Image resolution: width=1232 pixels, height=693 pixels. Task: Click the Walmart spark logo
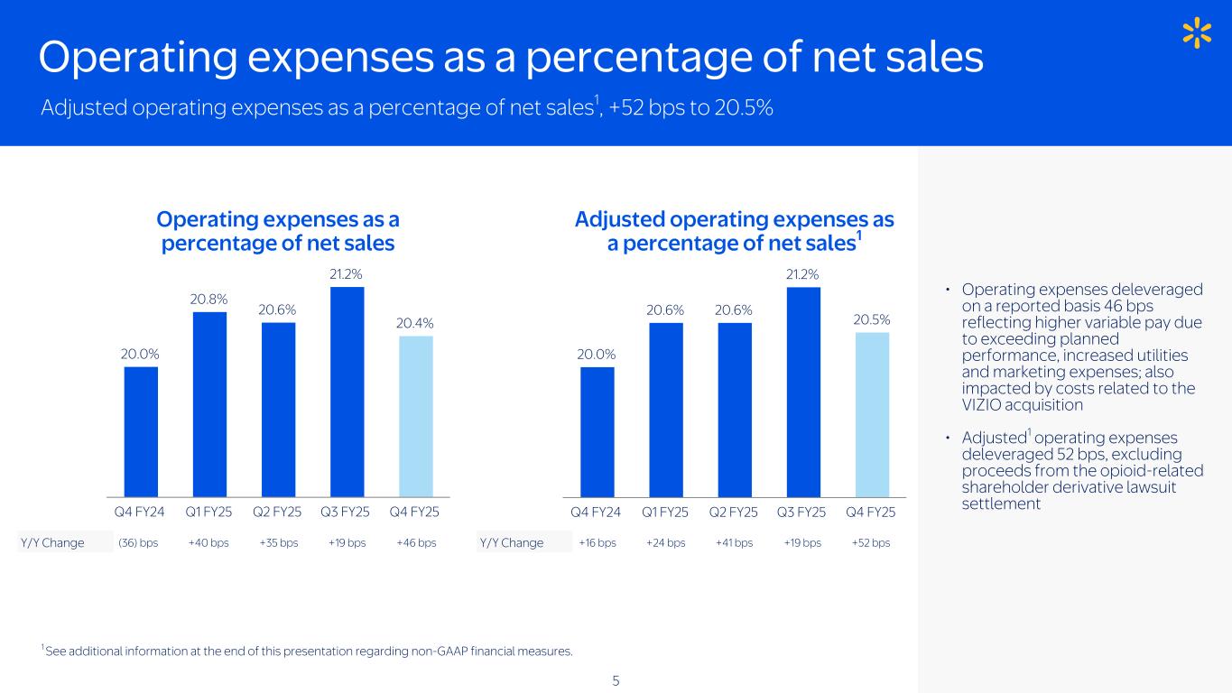click(1196, 34)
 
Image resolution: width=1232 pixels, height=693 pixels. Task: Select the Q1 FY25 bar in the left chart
click(209, 403)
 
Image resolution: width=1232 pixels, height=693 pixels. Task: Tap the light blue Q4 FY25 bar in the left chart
click(415, 416)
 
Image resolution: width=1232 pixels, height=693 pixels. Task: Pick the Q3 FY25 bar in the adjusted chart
click(803, 392)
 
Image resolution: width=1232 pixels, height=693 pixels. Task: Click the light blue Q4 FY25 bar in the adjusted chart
click(872, 414)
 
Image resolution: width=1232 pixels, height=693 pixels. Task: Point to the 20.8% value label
click(209, 298)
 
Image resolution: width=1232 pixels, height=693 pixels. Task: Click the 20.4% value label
click(416, 322)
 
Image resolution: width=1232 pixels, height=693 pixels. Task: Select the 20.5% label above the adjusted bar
click(872, 319)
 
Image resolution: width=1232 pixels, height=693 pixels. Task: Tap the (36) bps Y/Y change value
click(138, 542)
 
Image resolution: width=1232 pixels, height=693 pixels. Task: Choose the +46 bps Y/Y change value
click(416, 542)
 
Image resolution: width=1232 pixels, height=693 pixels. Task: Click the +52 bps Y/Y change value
click(871, 542)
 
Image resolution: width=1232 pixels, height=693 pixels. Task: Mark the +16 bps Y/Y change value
click(597, 542)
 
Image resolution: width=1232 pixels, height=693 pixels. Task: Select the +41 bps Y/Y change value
click(734, 542)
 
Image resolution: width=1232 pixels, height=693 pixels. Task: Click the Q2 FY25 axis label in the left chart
click(278, 513)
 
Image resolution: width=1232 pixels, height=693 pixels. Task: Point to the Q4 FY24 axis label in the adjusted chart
click(596, 513)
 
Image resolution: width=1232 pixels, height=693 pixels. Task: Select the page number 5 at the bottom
click(616, 680)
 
